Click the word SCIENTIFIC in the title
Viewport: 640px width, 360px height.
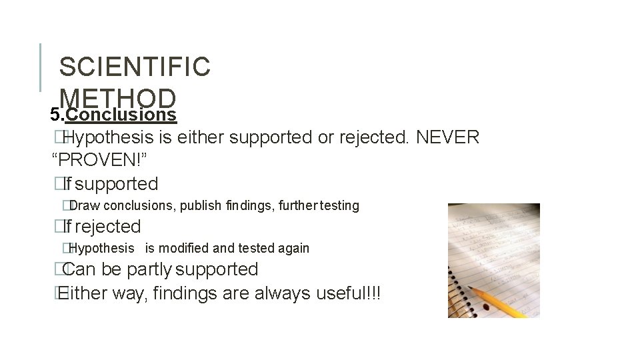(135, 67)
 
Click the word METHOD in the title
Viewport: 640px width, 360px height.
(117, 98)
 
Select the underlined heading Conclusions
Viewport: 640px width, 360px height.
(121, 115)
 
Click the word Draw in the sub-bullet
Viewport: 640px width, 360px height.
(85, 205)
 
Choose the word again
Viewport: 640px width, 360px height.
(293, 248)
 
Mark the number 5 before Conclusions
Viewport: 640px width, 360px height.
(55, 115)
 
